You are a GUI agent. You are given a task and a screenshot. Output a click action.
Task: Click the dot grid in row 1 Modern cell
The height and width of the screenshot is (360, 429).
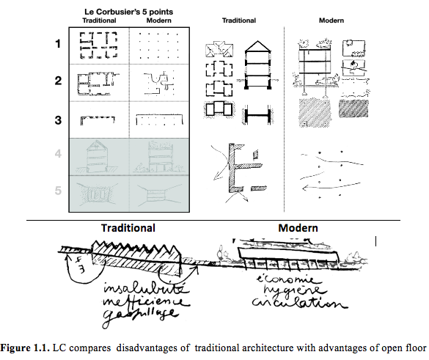pos(158,45)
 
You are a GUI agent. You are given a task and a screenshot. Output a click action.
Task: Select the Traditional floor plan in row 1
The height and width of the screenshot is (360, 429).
pos(98,45)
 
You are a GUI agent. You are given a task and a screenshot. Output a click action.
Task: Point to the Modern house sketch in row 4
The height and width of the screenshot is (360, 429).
pos(158,155)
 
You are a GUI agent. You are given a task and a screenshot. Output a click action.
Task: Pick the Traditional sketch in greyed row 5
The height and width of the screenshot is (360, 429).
pos(98,194)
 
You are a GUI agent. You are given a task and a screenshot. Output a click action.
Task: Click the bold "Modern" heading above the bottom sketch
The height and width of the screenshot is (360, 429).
pos(298,228)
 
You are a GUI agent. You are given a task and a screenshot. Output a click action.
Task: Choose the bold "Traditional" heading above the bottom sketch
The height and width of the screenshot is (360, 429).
pos(128,228)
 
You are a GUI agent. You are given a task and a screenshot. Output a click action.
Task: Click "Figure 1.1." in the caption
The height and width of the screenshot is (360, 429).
pos(26,345)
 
